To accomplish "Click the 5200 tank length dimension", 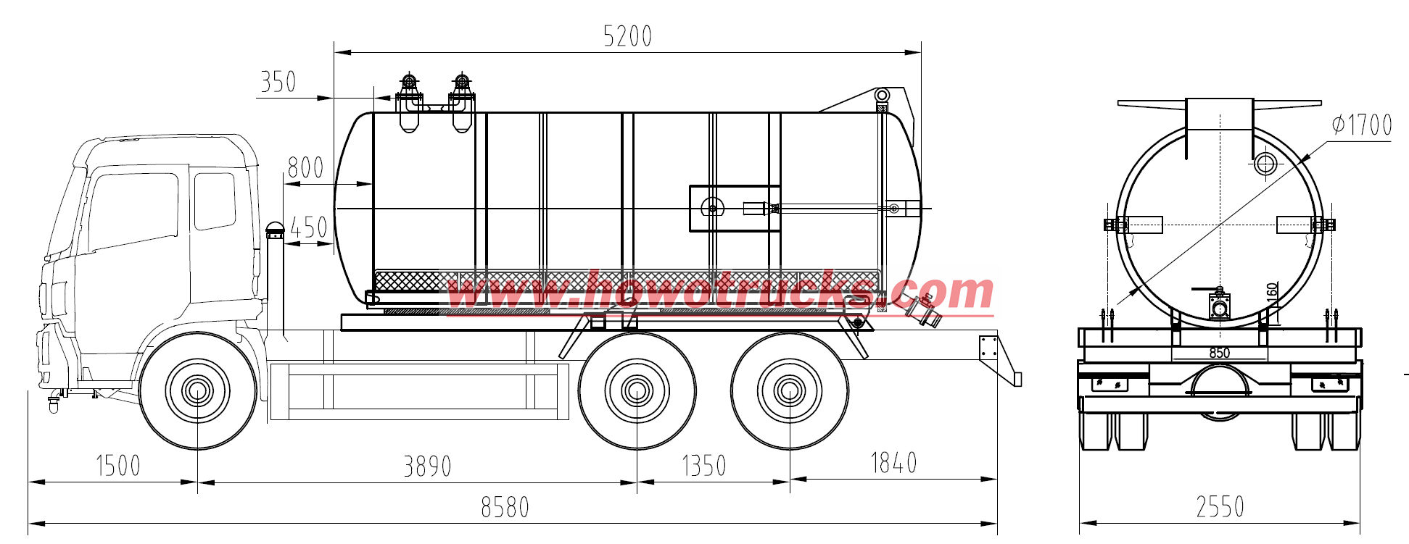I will [627, 36].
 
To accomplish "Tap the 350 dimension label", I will [278, 82].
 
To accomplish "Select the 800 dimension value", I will [305, 168].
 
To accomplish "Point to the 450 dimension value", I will [308, 227].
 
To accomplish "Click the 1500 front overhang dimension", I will [118, 465].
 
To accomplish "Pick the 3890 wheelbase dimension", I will [427, 466].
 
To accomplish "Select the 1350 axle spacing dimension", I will [703, 466].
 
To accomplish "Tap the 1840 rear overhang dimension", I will [893, 462].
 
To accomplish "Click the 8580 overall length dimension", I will [505, 507].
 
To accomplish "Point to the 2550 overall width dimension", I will [1220, 506].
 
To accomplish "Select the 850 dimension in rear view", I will [1220, 353].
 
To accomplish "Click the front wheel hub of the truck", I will [197, 391].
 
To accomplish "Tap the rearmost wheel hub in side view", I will [789, 391].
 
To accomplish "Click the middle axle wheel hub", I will [637, 391].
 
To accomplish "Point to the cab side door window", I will [133, 210].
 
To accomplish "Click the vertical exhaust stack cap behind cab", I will [274, 230].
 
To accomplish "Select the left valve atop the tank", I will [409, 81].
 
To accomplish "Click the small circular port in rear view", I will [1265, 163].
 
